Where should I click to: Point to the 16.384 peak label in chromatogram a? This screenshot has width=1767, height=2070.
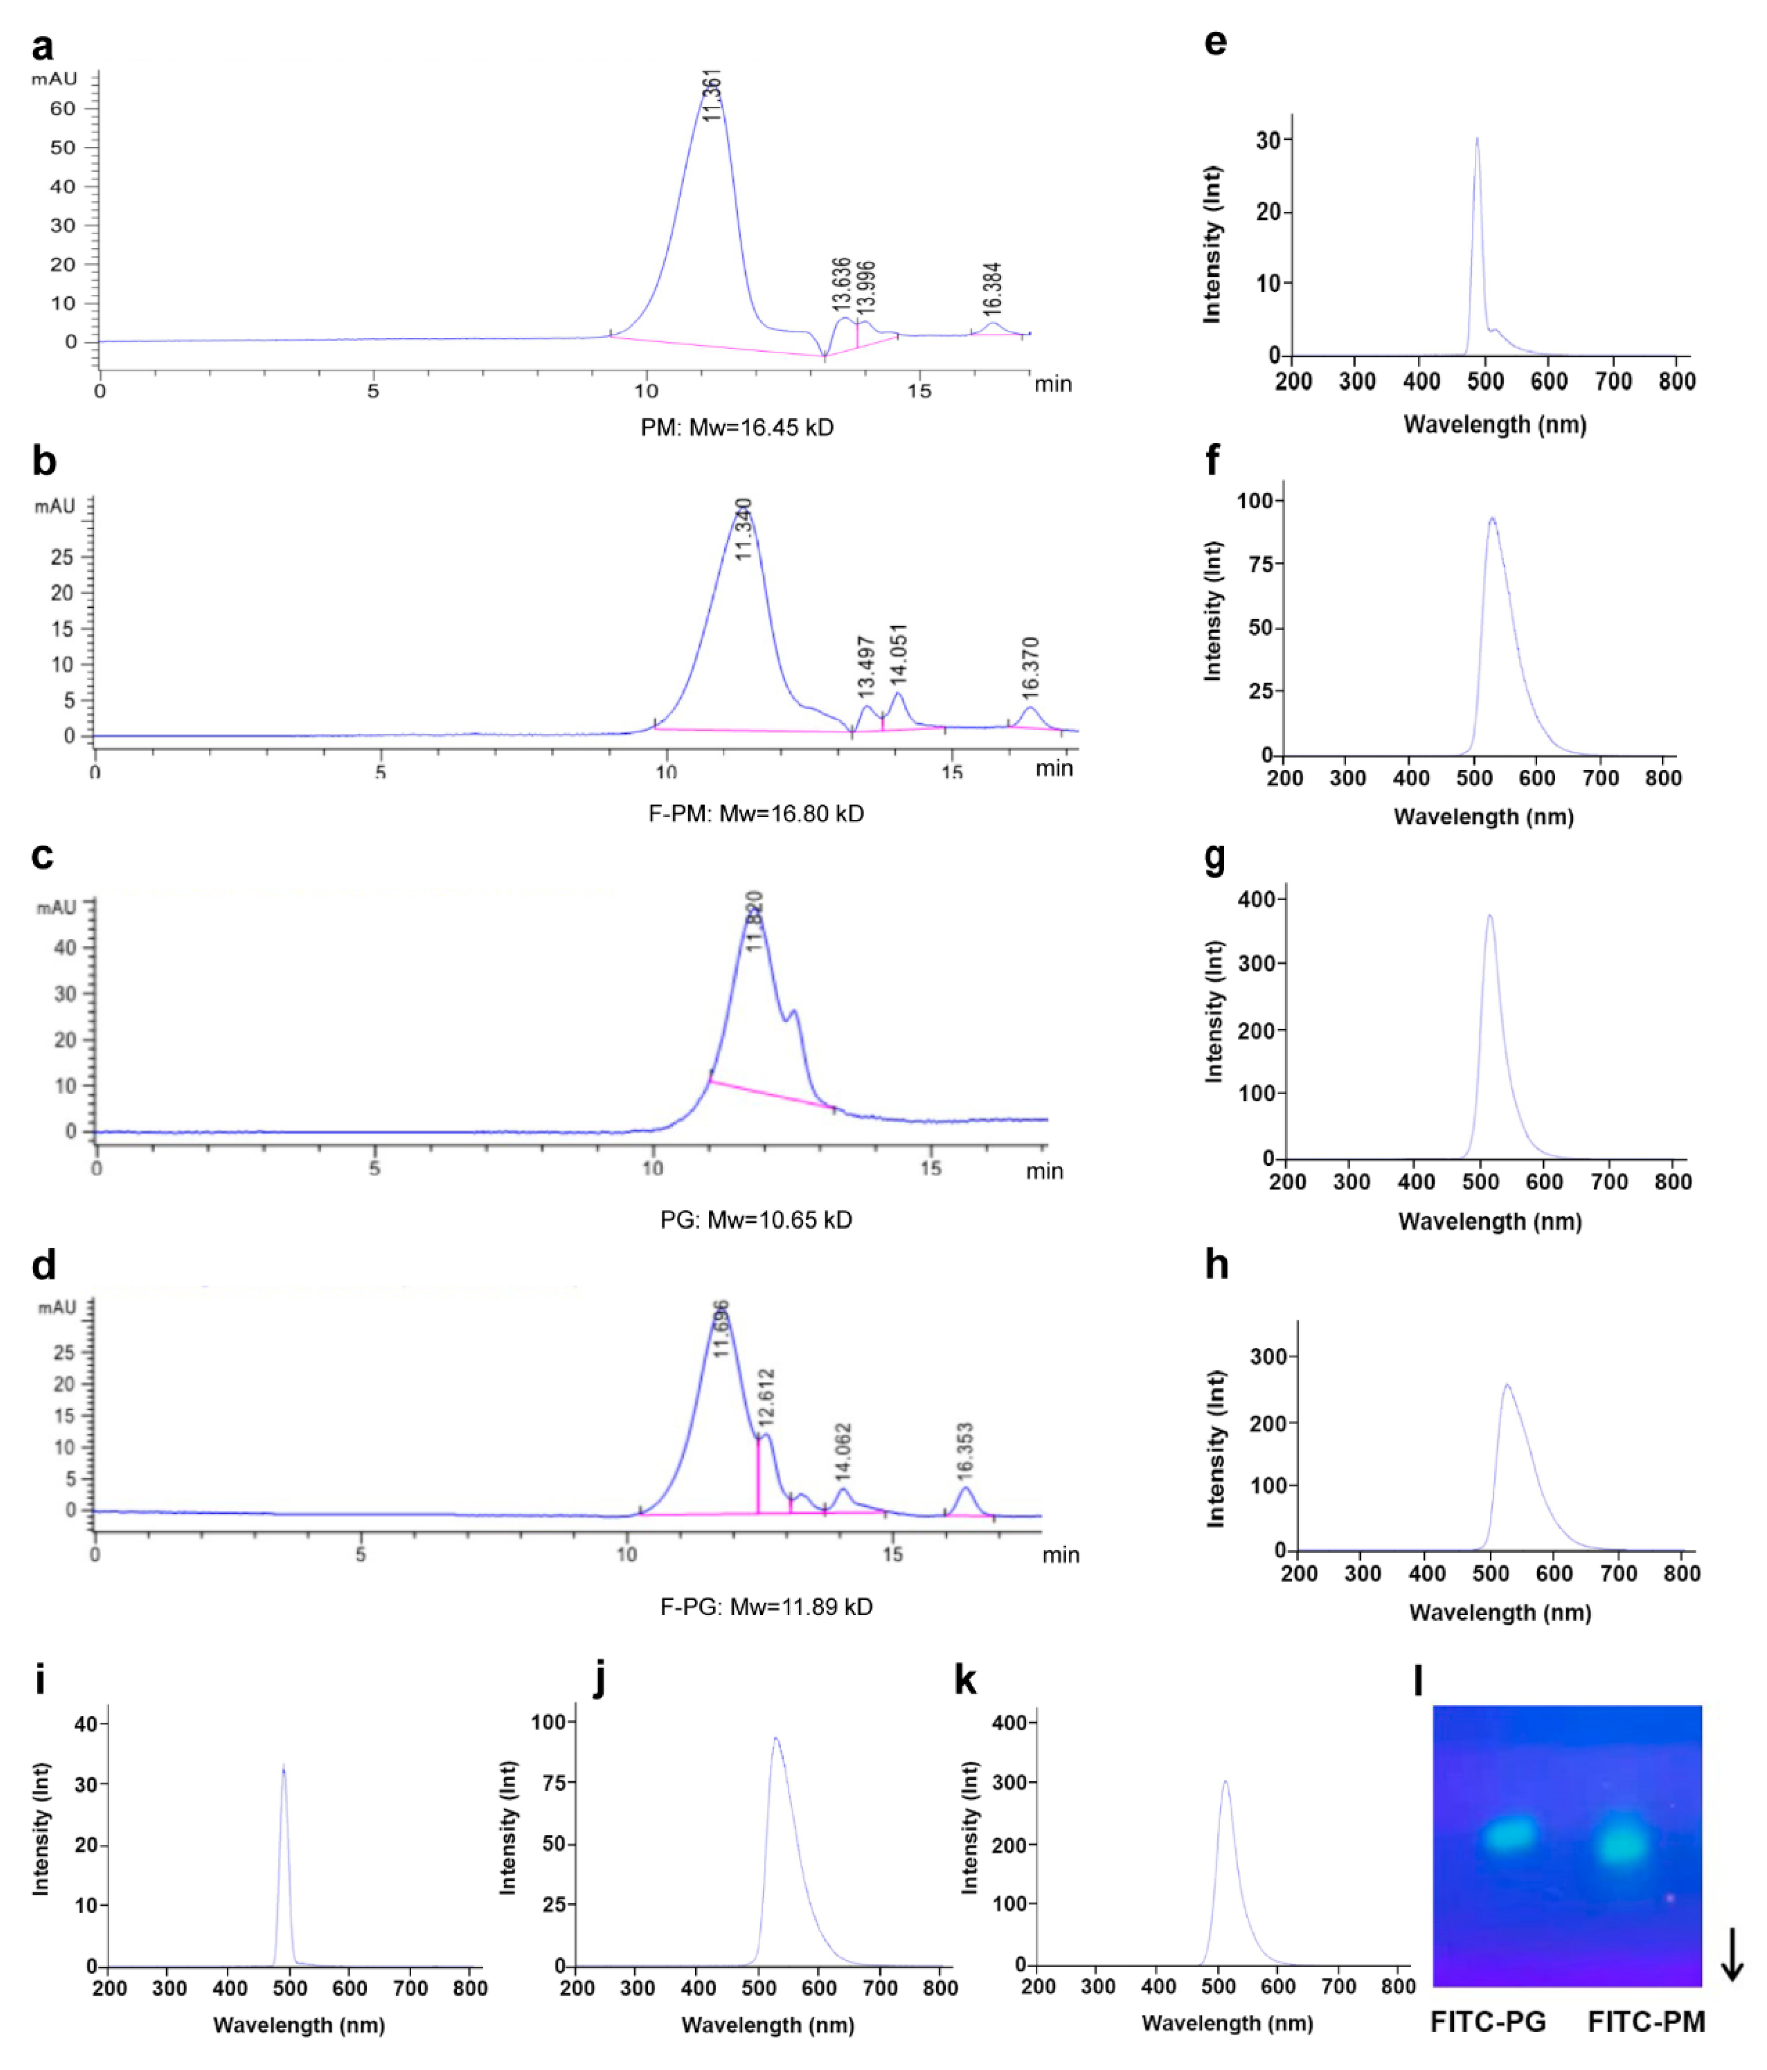pyautogui.click(x=991, y=289)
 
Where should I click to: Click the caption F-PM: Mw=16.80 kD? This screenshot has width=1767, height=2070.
pyautogui.click(x=756, y=813)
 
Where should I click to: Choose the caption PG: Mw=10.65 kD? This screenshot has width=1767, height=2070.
pyautogui.click(x=756, y=1220)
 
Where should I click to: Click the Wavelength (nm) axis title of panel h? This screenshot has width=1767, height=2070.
pyautogui.click(x=1499, y=1613)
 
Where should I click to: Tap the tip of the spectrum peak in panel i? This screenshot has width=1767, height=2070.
pyautogui.click(x=284, y=1766)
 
